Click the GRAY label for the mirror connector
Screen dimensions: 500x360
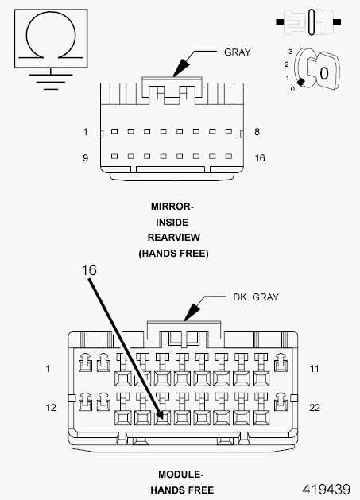click(x=237, y=52)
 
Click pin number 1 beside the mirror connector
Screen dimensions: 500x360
click(x=85, y=131)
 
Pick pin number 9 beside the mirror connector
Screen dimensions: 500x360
click(x=85, y=157)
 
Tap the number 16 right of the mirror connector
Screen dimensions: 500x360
click(x=259, y=157)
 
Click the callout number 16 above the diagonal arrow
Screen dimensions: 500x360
click(x=89, y=270)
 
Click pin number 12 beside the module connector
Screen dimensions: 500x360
click(x=51, y=408)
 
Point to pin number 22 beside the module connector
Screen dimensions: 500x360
click(x=314, y=408)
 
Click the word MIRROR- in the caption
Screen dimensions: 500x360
click(x=172, y=206)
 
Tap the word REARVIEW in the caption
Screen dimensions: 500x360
click(x=172, y=238)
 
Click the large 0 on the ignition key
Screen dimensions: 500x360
click(x=323, y=72)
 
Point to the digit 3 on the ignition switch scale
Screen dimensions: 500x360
click(x=292, y=52)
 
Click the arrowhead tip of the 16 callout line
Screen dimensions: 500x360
click(x=163, y=417)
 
